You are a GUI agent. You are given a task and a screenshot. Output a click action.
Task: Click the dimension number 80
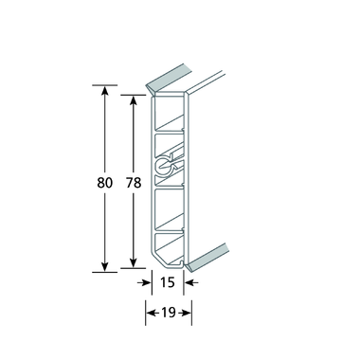coord(104,183)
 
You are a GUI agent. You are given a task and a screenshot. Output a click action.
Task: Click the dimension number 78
coord(134,183)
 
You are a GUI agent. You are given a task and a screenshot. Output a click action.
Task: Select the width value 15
coord(168,282)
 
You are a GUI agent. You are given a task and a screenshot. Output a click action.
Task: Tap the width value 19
coord(169,313)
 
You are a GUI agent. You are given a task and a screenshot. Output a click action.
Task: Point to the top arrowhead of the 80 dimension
coord(105,90)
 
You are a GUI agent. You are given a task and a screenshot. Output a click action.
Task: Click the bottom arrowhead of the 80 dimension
coord(105,267)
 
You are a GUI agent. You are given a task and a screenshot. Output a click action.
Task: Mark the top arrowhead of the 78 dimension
coord(134,100)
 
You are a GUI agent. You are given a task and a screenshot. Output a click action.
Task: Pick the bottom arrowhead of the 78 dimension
coord(134,263)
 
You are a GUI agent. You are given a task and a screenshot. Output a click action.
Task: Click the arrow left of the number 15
coord(144,282)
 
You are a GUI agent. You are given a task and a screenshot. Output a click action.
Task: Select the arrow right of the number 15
coord(191,282)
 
